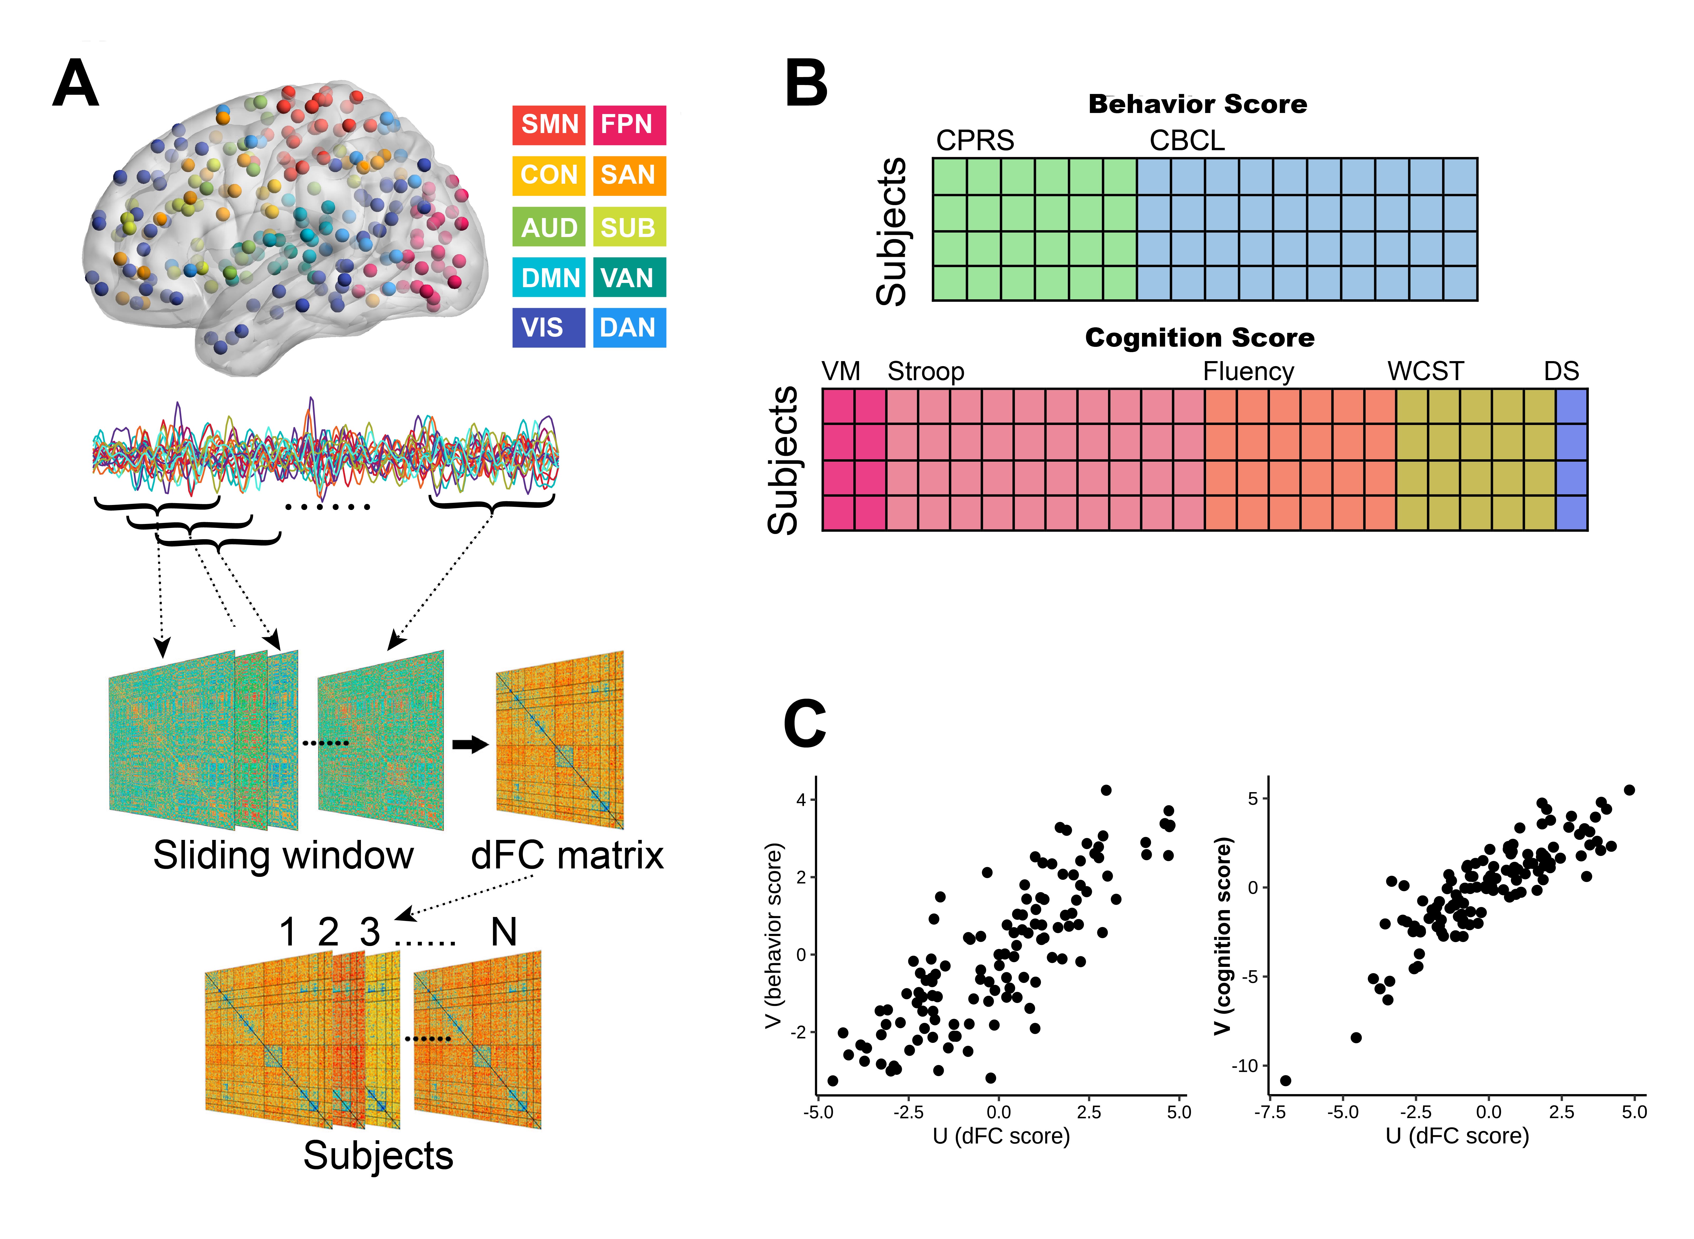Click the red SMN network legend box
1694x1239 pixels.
click(549, 125)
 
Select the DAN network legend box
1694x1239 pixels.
click(629, 328)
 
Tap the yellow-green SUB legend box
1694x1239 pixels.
click(629, 226)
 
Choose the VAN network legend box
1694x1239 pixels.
click(629, 277)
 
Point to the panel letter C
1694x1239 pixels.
click(804, 725)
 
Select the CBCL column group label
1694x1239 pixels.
click(1187, 140)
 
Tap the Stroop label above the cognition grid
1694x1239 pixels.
click(926, 371)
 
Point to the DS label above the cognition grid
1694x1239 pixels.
click(1561, 371)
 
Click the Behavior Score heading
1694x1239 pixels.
click(1198, 104)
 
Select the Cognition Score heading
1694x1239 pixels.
click(1199, 338)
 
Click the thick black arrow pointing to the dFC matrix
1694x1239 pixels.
click(470, 745)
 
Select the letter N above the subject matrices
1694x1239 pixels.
click(504, 932)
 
